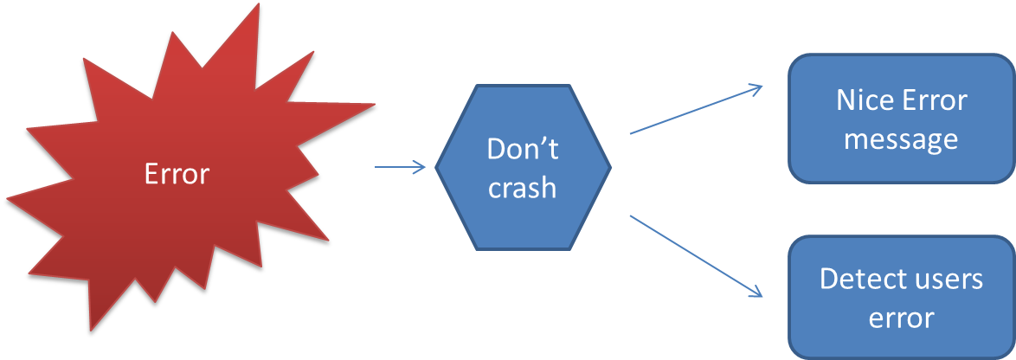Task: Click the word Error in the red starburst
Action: (x=177, y=174)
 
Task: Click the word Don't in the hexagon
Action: (x=523, y=149)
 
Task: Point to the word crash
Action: (x=522, y=188)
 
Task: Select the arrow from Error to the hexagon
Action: (x=401, y=167)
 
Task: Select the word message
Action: (x=901, y=138)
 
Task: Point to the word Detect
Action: (x=859, y=280)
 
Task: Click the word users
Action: (x=950, y=280)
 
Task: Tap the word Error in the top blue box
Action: (x=934, y=100)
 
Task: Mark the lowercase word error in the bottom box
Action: (x=901, y=318)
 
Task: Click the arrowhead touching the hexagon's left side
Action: (x=421, y=167)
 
